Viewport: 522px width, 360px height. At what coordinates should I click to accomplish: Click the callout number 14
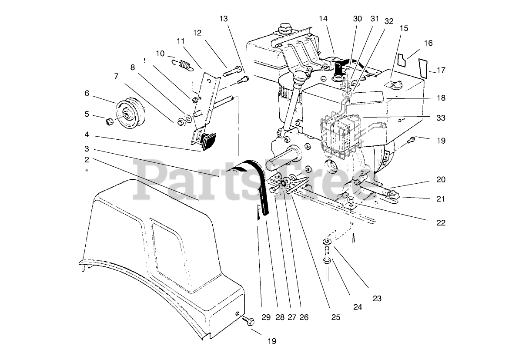coord(323,19)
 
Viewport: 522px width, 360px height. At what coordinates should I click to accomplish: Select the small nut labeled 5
coord(110,119)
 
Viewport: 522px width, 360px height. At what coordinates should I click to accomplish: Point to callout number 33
coord(441,118)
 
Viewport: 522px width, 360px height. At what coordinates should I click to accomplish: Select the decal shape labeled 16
coord(403,60)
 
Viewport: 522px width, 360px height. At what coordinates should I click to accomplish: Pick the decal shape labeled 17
coord(423,67)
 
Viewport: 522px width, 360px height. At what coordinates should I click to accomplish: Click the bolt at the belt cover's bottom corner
coord(248,321)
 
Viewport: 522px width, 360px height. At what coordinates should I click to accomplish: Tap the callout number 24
coord(358,307)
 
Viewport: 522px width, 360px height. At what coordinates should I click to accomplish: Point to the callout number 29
coord(266,317)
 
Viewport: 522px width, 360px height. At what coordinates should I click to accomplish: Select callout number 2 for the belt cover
coord(87,160)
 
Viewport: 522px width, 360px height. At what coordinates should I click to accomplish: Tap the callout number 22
coord(441,223)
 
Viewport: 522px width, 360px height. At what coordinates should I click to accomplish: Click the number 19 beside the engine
coord(441,141)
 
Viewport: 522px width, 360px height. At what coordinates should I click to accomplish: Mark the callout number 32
coord(388,21)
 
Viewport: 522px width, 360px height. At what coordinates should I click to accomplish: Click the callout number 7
coord(116,76)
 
